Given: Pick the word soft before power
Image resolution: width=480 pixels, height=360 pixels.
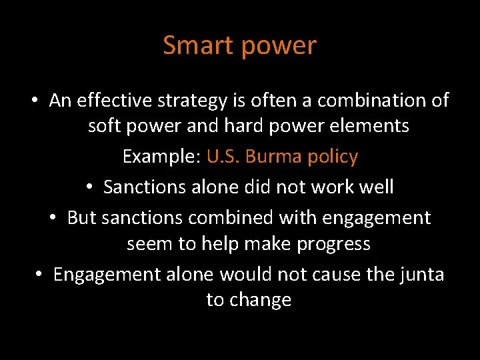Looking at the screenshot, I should coord(105,125).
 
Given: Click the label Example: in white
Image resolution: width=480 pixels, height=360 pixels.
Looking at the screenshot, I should coord(162,157).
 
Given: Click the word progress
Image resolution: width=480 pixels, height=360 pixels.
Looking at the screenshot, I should coord(333,245).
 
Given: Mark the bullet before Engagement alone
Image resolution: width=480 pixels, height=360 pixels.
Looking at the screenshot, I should coord(39,275).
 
